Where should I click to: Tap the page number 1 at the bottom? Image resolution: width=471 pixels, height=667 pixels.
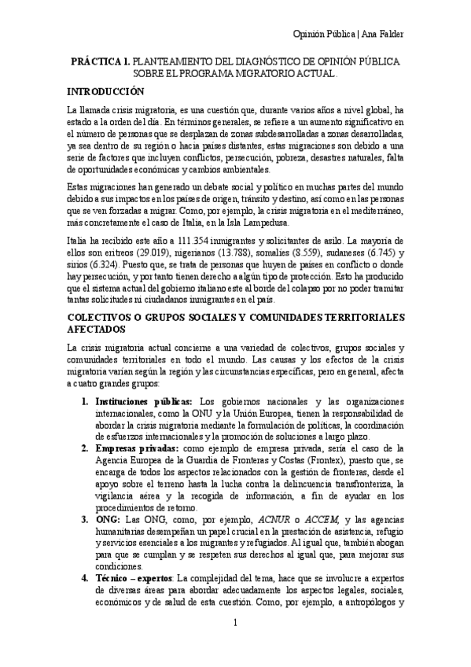pos(235,646)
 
